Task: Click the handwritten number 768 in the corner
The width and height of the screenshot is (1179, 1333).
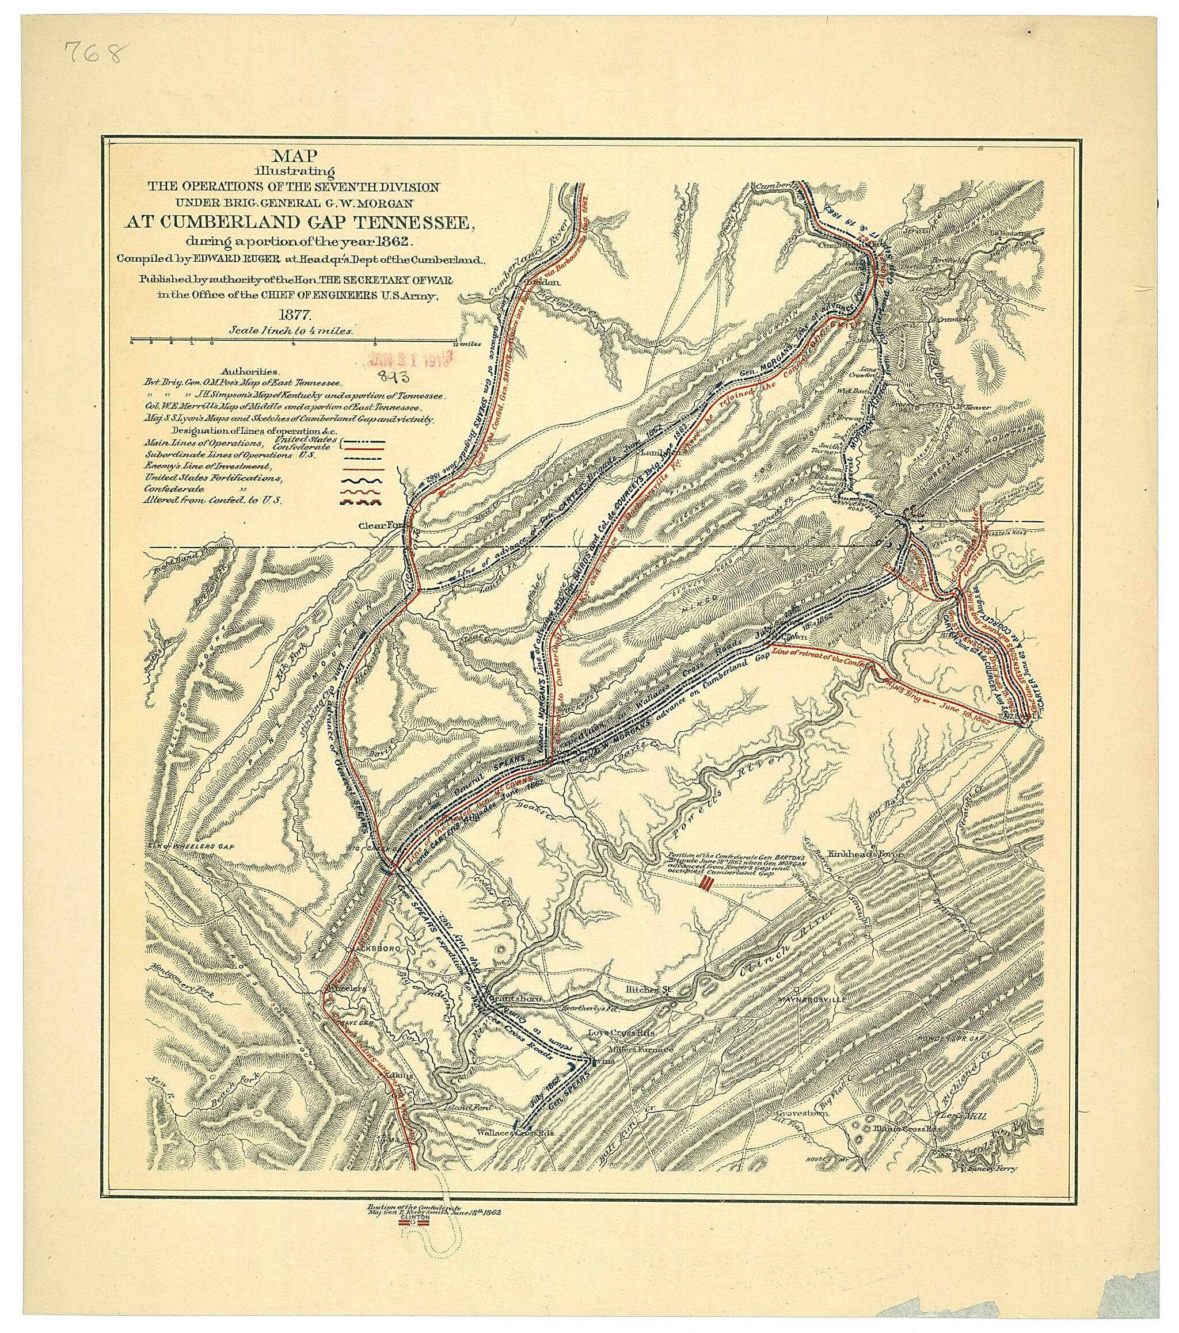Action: (93, 53)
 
